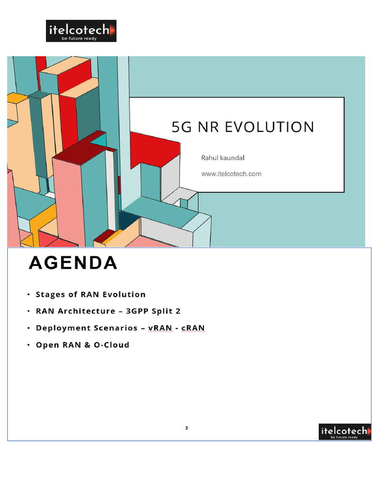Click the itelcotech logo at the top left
(81, 31)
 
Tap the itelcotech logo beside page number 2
(344, 432)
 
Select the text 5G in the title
(182, 127)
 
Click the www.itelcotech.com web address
(231, 173)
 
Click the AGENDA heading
(73, 263)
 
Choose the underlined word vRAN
(160, 328)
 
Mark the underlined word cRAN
(193, 328)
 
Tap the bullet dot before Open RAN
(29, 345)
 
